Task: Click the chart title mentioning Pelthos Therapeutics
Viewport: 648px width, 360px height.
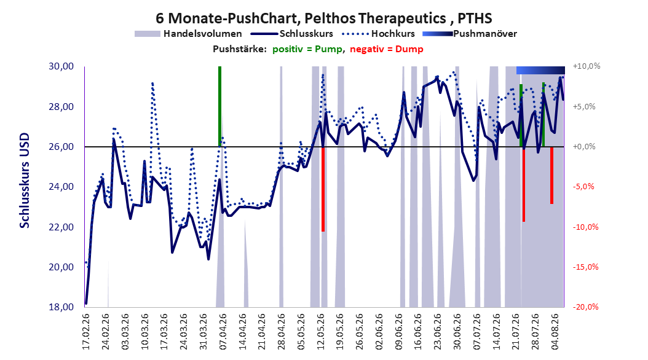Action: [x=323, y=18]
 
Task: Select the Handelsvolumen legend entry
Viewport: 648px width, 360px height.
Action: [x=189, y=34]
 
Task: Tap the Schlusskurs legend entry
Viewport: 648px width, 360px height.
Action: [x=292, y=34]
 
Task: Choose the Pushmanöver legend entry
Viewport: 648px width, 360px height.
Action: [x=470, y=34]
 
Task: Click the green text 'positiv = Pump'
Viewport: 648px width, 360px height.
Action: [x=307, y=49]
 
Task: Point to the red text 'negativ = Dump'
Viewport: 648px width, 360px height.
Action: [x=387, y=49]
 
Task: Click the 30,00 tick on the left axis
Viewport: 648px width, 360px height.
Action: [x=61, y=66]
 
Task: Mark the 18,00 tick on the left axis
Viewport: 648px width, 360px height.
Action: [x=61, y=307]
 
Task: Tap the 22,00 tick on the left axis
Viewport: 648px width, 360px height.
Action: [x=61, y=227]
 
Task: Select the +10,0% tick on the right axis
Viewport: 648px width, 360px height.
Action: [x=587, y=66]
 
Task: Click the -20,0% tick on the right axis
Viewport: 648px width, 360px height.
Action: [x=585, y=307]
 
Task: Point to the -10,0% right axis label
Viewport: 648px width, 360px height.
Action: [x=585, y=227]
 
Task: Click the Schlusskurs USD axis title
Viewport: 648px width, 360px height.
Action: [x=25, y=180]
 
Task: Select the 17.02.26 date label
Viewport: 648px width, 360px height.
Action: [x=86, y=332]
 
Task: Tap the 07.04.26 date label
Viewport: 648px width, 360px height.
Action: [x=223, y=332]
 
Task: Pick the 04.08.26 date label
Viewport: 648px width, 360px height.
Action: [x=555, y=332]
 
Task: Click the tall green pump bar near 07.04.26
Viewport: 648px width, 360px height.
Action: [x=220, y=106]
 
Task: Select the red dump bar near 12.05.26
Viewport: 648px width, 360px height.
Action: [x=323, y=189]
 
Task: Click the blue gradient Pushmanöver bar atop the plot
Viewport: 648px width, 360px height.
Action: [x=540, y=70]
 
